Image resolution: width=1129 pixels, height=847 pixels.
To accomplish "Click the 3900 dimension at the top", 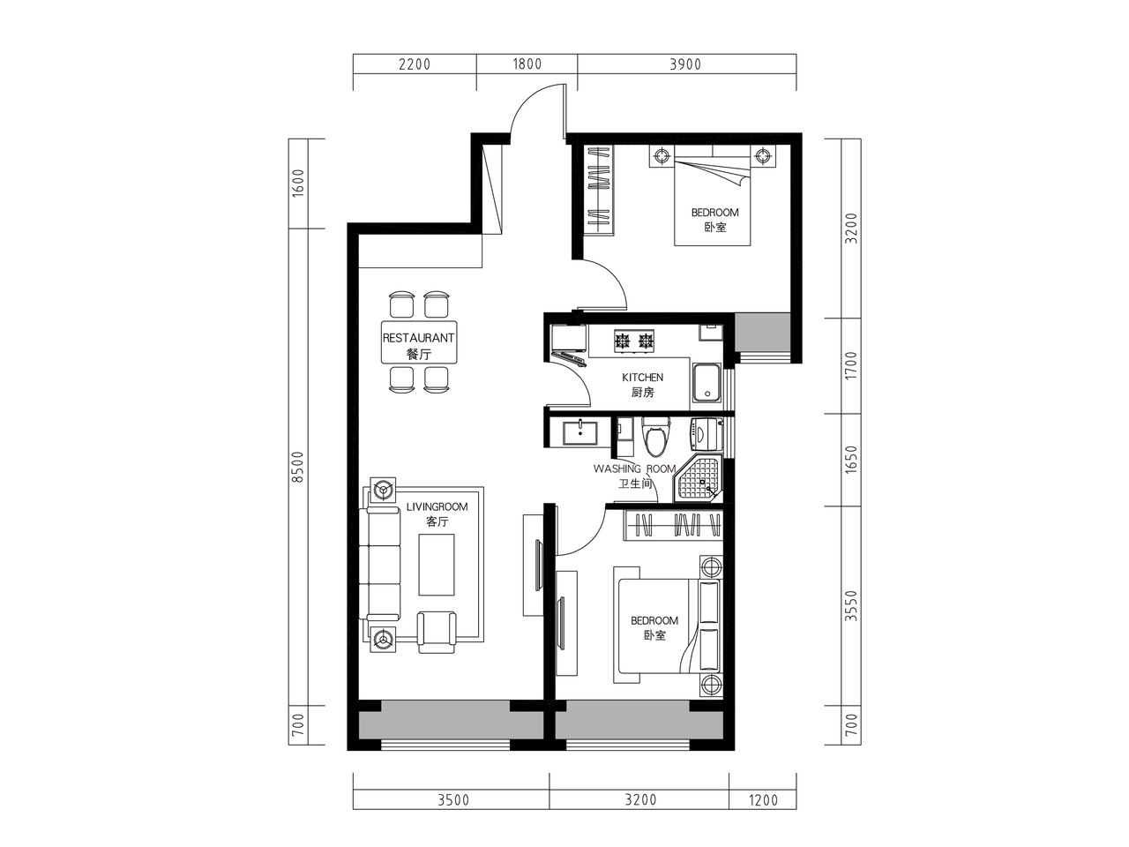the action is point(685,64).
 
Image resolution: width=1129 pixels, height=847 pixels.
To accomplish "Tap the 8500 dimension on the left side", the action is point(298,467).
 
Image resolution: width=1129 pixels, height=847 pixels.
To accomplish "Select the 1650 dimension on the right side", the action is point(851,460).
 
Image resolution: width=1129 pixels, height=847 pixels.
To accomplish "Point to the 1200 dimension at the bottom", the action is point(763,800).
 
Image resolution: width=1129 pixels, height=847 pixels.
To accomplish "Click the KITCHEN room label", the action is point(642,378).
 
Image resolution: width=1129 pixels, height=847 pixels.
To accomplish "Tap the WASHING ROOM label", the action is point(634,469).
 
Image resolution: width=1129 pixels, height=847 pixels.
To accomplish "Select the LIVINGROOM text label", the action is point(437,507).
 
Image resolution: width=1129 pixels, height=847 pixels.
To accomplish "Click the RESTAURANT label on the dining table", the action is point(418,338).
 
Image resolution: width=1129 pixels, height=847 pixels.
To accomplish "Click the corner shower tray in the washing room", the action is point(698,479).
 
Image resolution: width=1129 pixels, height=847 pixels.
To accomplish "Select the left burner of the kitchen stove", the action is point(623,340).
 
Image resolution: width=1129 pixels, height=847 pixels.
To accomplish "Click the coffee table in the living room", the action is point(437,565).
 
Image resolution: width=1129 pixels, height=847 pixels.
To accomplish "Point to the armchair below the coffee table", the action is point(437,632).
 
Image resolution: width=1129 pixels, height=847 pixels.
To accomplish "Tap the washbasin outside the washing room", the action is point(579,433).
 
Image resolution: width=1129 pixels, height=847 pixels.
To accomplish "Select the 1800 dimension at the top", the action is point(527,64).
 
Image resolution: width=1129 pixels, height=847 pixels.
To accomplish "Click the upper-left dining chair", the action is point(401,304).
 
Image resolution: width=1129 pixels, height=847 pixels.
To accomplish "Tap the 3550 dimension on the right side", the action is point(851,605).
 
